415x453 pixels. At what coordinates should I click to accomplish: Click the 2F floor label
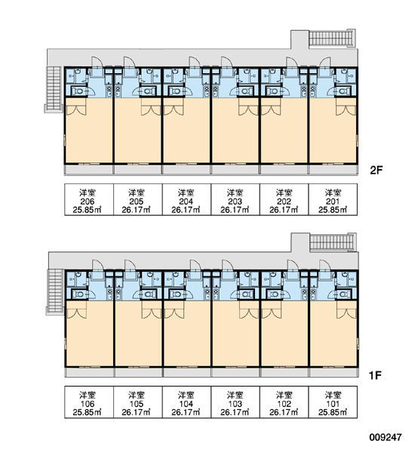[x=376, y=171]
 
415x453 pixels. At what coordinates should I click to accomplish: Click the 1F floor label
[x=375, y=375]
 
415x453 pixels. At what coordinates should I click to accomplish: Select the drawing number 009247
[x=386, y=437]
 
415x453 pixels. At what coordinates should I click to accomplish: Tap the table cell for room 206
[x=89, y=199]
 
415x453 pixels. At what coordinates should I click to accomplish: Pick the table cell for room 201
[x=333, y=199]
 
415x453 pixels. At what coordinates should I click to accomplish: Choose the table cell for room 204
[x=186, y=199]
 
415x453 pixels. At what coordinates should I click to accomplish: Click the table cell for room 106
[x=89, y=402]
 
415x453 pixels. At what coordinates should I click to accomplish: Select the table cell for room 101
[x=333, y=402]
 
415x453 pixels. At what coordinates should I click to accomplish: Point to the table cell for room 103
[x=235, y=402]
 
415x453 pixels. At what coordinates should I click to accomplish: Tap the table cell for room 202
[x=284, y=199]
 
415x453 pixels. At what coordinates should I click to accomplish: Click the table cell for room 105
[x=138, y=402]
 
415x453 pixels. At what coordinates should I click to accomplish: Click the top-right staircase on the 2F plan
[x=332, y=38]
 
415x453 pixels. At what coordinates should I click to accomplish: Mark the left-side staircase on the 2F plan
[x=54, y=89]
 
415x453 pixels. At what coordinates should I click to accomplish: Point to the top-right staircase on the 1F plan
[x=333, y=242]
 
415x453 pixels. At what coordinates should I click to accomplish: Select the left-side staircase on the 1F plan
[x=55, y=291]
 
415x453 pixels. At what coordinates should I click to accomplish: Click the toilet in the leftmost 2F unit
[x=78, y=91]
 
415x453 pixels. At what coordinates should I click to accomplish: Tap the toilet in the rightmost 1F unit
[x=343, y=294]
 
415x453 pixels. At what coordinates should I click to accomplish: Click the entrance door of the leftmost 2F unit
[x=97, y=63]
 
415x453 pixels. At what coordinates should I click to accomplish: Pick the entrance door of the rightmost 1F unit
[x=325, y=266]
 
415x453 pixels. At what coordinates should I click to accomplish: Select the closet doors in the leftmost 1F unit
[x=77, y=310]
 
